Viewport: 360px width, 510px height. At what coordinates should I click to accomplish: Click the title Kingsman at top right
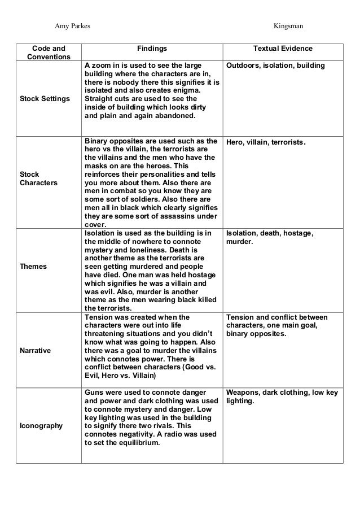288,26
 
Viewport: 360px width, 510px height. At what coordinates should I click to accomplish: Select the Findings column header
152,49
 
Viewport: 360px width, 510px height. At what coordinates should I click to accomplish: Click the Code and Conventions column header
49,53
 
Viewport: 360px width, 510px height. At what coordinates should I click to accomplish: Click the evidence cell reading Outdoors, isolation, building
275,66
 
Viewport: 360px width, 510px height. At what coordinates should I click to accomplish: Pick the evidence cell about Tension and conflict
276,325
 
